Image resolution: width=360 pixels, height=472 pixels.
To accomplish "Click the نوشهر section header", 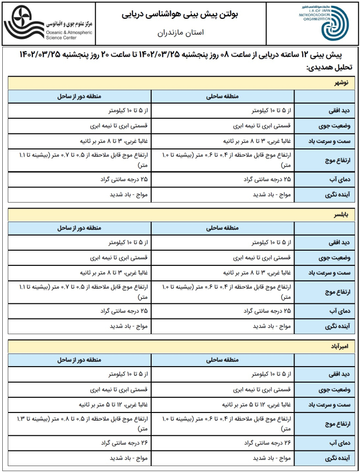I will click(343, 82).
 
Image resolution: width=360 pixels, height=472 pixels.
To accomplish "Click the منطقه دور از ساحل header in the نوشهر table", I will click(79, 97).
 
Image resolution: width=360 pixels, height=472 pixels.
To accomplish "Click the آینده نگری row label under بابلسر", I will click(333, 326).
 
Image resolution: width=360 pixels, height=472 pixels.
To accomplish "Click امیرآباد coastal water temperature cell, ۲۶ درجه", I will click(266, 443).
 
